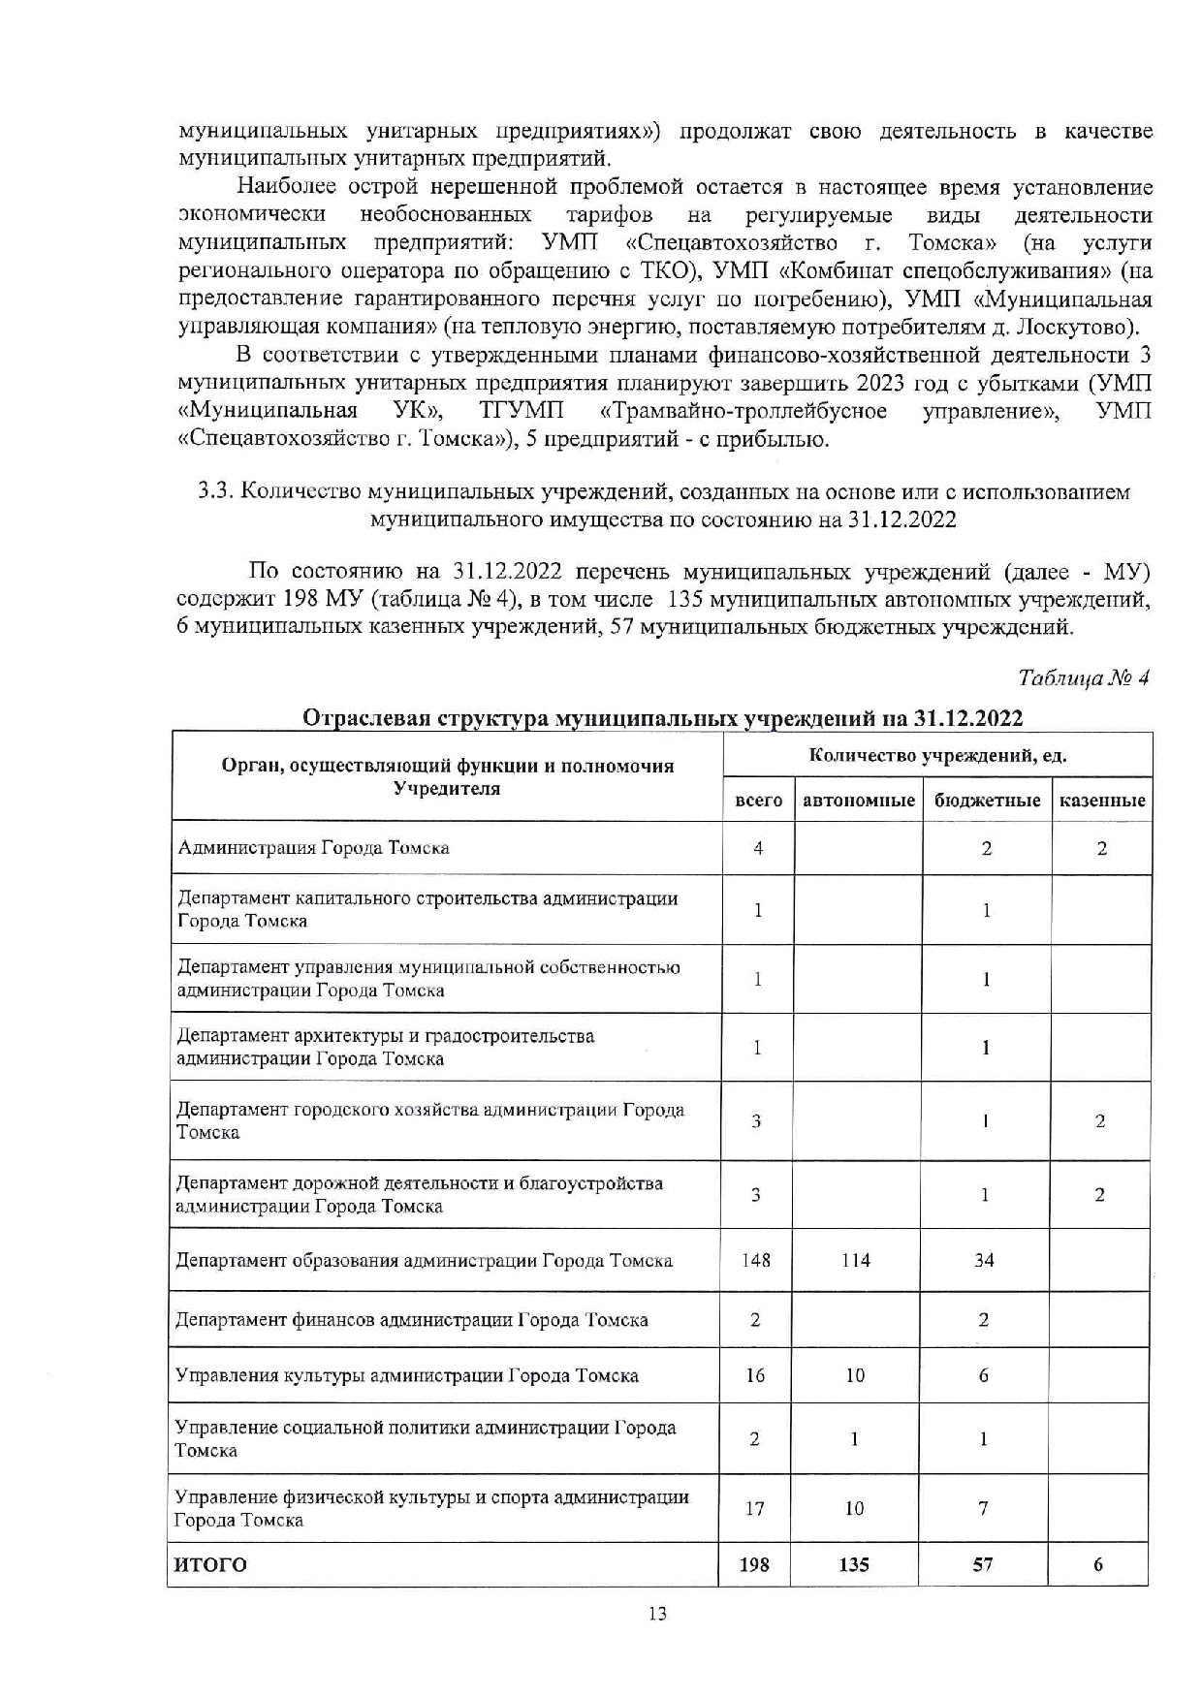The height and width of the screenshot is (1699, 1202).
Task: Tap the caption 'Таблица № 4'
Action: [x=1084, y=678]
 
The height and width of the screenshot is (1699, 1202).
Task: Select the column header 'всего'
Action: [x=758, y=801]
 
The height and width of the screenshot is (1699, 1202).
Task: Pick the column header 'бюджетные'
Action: [x=987, y=801]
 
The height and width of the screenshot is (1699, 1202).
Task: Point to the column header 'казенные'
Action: [x=1102, y=801]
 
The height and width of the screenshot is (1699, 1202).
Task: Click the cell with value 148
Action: [x=756, y=1260]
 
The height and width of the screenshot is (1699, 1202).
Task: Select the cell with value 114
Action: [x=855, y=1260]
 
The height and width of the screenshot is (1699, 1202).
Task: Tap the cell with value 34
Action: [x=984, y=1260]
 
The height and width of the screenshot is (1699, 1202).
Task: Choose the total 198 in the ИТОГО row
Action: [x=754, y=1564]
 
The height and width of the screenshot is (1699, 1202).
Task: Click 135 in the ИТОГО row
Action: [x=854, y=1564]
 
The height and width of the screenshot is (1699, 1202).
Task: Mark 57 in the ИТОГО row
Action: [x=983, y=1564]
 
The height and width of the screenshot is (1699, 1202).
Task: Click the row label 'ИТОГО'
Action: [x=210, y=1564]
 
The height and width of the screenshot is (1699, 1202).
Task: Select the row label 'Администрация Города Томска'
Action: [x=313, y=848]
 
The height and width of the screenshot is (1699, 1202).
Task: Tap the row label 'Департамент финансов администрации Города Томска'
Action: [x=412, y=1320]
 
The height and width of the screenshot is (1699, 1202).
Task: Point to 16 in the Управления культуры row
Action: [x=755, y=1375]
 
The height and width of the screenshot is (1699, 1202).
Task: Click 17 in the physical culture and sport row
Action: [x=754, y=1508]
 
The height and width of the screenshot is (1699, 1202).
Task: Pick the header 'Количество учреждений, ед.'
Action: [x=937, y=755]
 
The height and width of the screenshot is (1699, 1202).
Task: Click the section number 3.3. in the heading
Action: [x=215, y=492]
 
